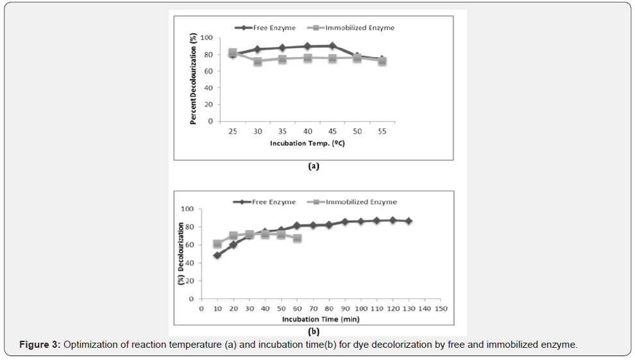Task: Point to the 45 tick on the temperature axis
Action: [x=332, y=132]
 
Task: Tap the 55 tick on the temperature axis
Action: [x=382, y=132]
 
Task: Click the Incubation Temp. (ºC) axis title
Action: [x=307, y=143]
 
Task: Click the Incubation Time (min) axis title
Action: [x=320, y=319]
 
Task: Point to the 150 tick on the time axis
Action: [x=440, y=309]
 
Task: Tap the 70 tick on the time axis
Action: [x=313, y=309]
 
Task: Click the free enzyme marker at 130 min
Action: [x=409, y=221]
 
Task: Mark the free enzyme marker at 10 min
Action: [x=217, y=255]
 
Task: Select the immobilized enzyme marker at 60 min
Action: [x=297, y=238]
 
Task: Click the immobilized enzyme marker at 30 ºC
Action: [x=258, y=62]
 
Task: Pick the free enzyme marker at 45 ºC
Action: [x=332, y=46]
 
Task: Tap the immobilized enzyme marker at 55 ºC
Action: [x=382, y=62]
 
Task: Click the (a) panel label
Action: [x=313, y=166]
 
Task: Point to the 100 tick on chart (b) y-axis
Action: [x=187, y=209]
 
